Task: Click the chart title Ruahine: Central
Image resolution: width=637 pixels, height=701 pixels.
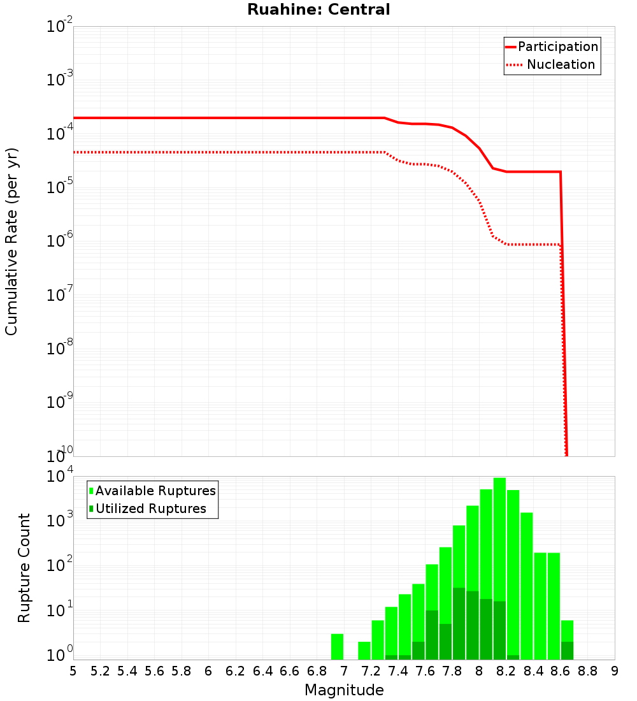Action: (x=318, y=10)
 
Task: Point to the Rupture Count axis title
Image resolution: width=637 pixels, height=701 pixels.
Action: (x=24, y=568)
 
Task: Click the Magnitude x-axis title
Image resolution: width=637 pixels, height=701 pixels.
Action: (x=344, y=690)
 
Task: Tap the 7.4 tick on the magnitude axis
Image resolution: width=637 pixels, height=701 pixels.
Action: (x=398, y=671)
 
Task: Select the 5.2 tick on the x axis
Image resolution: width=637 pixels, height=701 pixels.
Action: (x=100, y=671)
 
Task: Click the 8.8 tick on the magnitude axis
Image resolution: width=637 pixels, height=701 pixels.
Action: (x=587, y=671)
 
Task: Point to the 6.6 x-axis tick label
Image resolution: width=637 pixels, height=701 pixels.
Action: (x=290, y=671)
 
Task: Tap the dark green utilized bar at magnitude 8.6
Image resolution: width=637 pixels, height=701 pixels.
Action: (x=567, y=651)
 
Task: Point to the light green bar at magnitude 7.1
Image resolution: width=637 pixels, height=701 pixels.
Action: (x=364, y=651)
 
